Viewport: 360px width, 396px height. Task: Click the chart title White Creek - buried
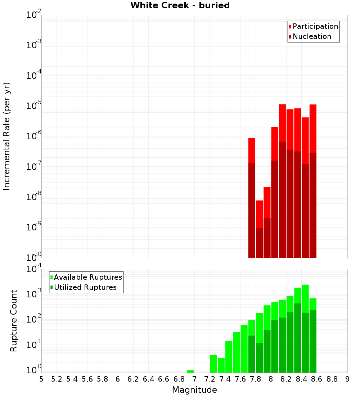[x=180, y=5]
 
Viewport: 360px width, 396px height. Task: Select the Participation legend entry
[x=313, y=26]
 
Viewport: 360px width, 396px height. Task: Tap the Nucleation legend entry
[x=310, y=36]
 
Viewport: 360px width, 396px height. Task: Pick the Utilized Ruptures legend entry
[x=83, y=287]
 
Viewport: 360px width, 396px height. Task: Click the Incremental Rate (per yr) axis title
[x=6, y=136]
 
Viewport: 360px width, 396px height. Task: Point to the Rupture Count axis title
[x=14, y=320]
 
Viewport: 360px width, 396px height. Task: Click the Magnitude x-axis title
[x=194, y=390]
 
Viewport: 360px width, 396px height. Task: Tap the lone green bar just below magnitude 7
[x=190, y=371]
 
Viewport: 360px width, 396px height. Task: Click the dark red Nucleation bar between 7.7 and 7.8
[x=252, y=211]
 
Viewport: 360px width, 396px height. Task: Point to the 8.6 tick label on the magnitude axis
[x=317, y=379]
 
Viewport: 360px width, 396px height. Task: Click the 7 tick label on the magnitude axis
[x=194, y=379]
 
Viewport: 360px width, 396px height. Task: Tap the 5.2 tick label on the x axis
[x=57, y=379]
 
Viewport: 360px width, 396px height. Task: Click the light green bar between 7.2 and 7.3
[x=213, y=364]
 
